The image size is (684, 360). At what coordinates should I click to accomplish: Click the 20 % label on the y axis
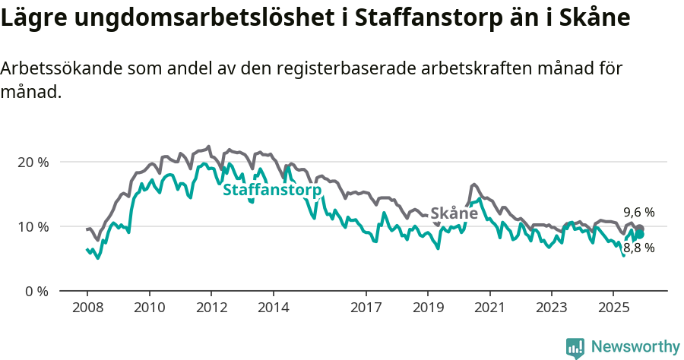click(x=32, y=162)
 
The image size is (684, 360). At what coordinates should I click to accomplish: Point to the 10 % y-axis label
click(x=32, y=226)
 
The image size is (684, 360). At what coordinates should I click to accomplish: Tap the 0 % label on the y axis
click(x=35, y=291)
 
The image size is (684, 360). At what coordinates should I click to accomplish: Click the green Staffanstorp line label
click(x=271, y=190)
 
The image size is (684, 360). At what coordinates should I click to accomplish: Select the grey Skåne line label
click(x=454, y=213)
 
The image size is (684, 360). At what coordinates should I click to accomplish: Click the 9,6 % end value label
click(x=638, y=213)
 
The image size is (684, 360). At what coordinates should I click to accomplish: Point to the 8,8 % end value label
click(x=638, y=248)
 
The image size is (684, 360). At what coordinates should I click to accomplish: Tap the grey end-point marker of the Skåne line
click(x=640, y=229)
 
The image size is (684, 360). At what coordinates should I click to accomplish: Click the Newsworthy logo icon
click(x=575, y=347)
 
